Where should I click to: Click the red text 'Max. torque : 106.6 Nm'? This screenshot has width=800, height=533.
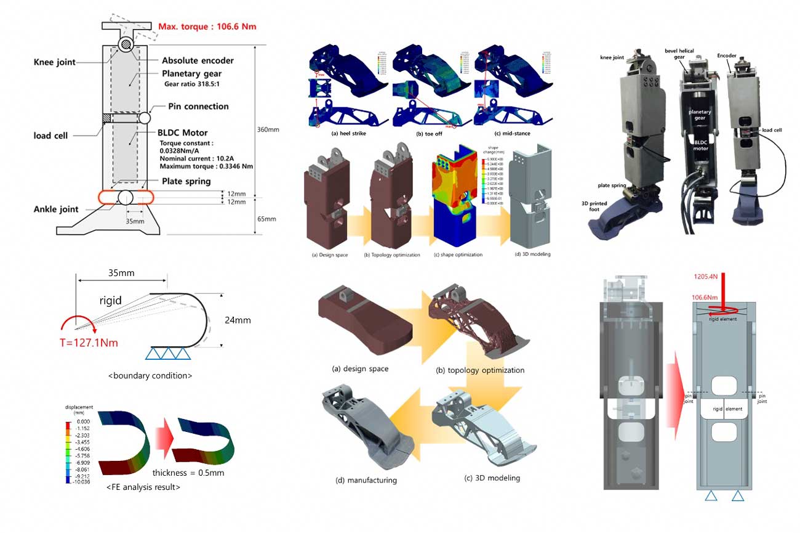(x=207, y=26)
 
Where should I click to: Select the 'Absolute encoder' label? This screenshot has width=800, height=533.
(x=198, y=61)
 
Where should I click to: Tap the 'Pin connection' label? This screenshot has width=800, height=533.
(x=198, y=107)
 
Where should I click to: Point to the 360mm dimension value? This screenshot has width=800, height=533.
(x=268, y=129)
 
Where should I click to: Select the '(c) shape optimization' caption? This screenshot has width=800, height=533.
(x=457, y=254)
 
